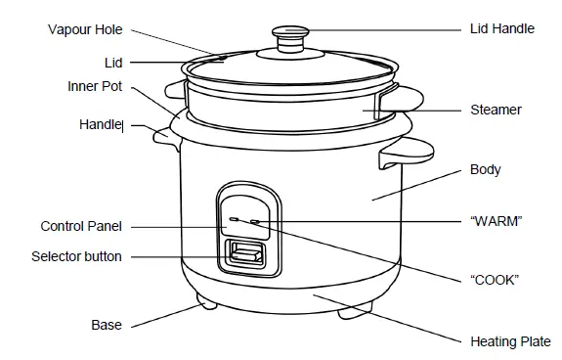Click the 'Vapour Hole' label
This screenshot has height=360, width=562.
pos(85,29)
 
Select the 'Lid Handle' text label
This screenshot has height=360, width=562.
pos(501,28)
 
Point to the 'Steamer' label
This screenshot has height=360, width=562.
pos(496,111)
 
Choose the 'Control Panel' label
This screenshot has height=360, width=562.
pos(81,226)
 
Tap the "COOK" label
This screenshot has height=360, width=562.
pos(494,280)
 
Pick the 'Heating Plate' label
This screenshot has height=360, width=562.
pos(510,341)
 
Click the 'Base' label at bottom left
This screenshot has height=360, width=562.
pos(107,325)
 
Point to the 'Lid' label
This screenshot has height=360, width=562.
pos(113,62)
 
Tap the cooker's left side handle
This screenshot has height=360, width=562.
pos(163,136)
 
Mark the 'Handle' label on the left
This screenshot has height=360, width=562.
pos(100,125)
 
